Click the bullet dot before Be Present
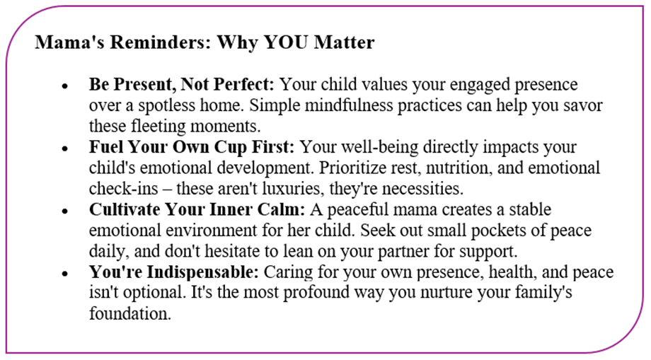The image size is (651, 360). [x=65, y=86]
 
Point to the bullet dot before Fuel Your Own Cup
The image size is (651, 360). [x=65, y=149]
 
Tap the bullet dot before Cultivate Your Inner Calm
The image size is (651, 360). [x=65, y=211]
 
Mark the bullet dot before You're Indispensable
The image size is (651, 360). [x=65, y=274]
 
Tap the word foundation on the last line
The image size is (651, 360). [x=130, y=314]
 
